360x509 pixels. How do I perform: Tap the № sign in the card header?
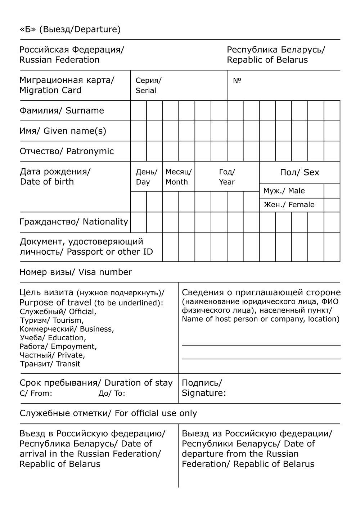[x=237, y=81]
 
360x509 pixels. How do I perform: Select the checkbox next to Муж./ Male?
[x=332, y=191]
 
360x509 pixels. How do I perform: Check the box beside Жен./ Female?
[x=332, y=205]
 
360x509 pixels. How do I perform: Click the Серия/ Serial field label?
[x=148, y=86]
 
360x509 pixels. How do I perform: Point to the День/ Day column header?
[x=146, y=177]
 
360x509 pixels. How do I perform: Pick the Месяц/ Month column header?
[x=178, y=177]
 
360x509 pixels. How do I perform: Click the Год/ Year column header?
[x=227, y=177]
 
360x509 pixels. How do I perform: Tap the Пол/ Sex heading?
[x=300, y=173]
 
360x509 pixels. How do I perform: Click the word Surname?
[x=85, y=111]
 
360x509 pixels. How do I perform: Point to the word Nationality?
[x=105, y=222]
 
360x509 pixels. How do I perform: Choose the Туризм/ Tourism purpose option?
[x=51, y=321]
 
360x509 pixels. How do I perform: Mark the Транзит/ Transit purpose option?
[x=50, y=364]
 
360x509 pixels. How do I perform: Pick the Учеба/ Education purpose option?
[x=53, y=338]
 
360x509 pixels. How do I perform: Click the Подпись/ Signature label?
[x=203, y=388]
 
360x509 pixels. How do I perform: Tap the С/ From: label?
[x=36, y=393]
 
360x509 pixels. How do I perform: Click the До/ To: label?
[x=112, y=393]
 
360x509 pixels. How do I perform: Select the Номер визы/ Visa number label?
[x=76, y=272]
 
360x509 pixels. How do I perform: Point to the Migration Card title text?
[x=50, y=90]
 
